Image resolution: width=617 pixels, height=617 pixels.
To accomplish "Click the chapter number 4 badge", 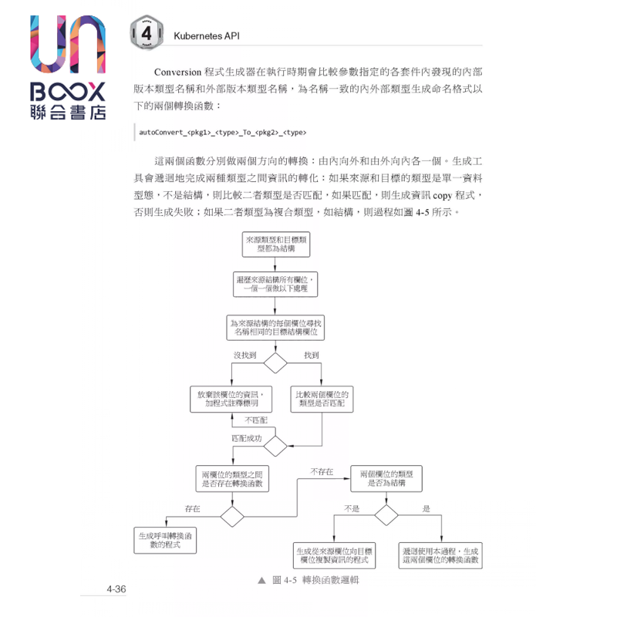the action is [147, 34].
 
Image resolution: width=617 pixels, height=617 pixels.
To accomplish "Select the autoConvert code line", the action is [223, 133].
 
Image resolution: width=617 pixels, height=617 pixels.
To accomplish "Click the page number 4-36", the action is [116, 589].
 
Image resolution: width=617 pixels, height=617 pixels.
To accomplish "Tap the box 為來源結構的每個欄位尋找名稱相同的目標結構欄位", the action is [275, 327].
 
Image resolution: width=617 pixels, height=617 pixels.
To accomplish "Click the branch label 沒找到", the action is [244, 355].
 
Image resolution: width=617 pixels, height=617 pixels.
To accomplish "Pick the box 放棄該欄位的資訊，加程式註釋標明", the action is [232, 398].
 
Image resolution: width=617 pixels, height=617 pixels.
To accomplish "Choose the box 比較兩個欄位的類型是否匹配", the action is [322, 398].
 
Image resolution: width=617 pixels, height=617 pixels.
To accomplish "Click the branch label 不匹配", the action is [256, 420].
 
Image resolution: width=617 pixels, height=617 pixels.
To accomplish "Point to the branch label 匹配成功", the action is [247, 438].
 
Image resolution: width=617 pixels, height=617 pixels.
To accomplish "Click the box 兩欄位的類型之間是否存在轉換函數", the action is [232, 479].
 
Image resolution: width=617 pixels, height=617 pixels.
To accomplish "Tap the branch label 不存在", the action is [322, 471].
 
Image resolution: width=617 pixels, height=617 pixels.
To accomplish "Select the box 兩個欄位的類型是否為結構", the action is [386, 478].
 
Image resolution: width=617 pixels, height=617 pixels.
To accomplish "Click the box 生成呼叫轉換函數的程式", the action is [166, 539].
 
